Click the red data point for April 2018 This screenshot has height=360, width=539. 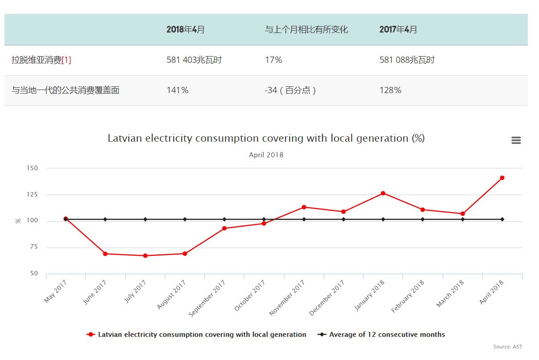click(502, 178)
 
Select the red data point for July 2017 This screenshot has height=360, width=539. click(145, 256)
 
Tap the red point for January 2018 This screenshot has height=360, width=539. click(383, 193)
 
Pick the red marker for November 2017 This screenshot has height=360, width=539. click(304, 207)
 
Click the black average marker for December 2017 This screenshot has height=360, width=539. click(343, 219)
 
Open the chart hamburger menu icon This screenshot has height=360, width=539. click(516, 140)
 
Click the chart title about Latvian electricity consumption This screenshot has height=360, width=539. click(266, 138)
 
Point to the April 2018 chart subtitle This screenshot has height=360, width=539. click(266, 155)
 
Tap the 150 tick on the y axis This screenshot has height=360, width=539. click(33, 168)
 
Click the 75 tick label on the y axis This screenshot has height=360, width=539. click(34, 247)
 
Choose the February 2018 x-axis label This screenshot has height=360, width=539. click(408, 296)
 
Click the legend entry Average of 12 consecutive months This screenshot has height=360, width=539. click(387, 335)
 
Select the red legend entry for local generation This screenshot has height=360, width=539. click(202, 335)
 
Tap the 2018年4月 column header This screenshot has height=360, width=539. click(186, 30)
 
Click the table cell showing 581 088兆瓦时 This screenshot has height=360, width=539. click(407, 60)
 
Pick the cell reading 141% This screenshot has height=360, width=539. click(177, 90)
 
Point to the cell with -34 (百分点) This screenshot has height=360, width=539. click(290, 90)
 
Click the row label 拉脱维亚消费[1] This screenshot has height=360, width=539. click(41, 60)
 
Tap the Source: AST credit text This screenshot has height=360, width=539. click(507, 347)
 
